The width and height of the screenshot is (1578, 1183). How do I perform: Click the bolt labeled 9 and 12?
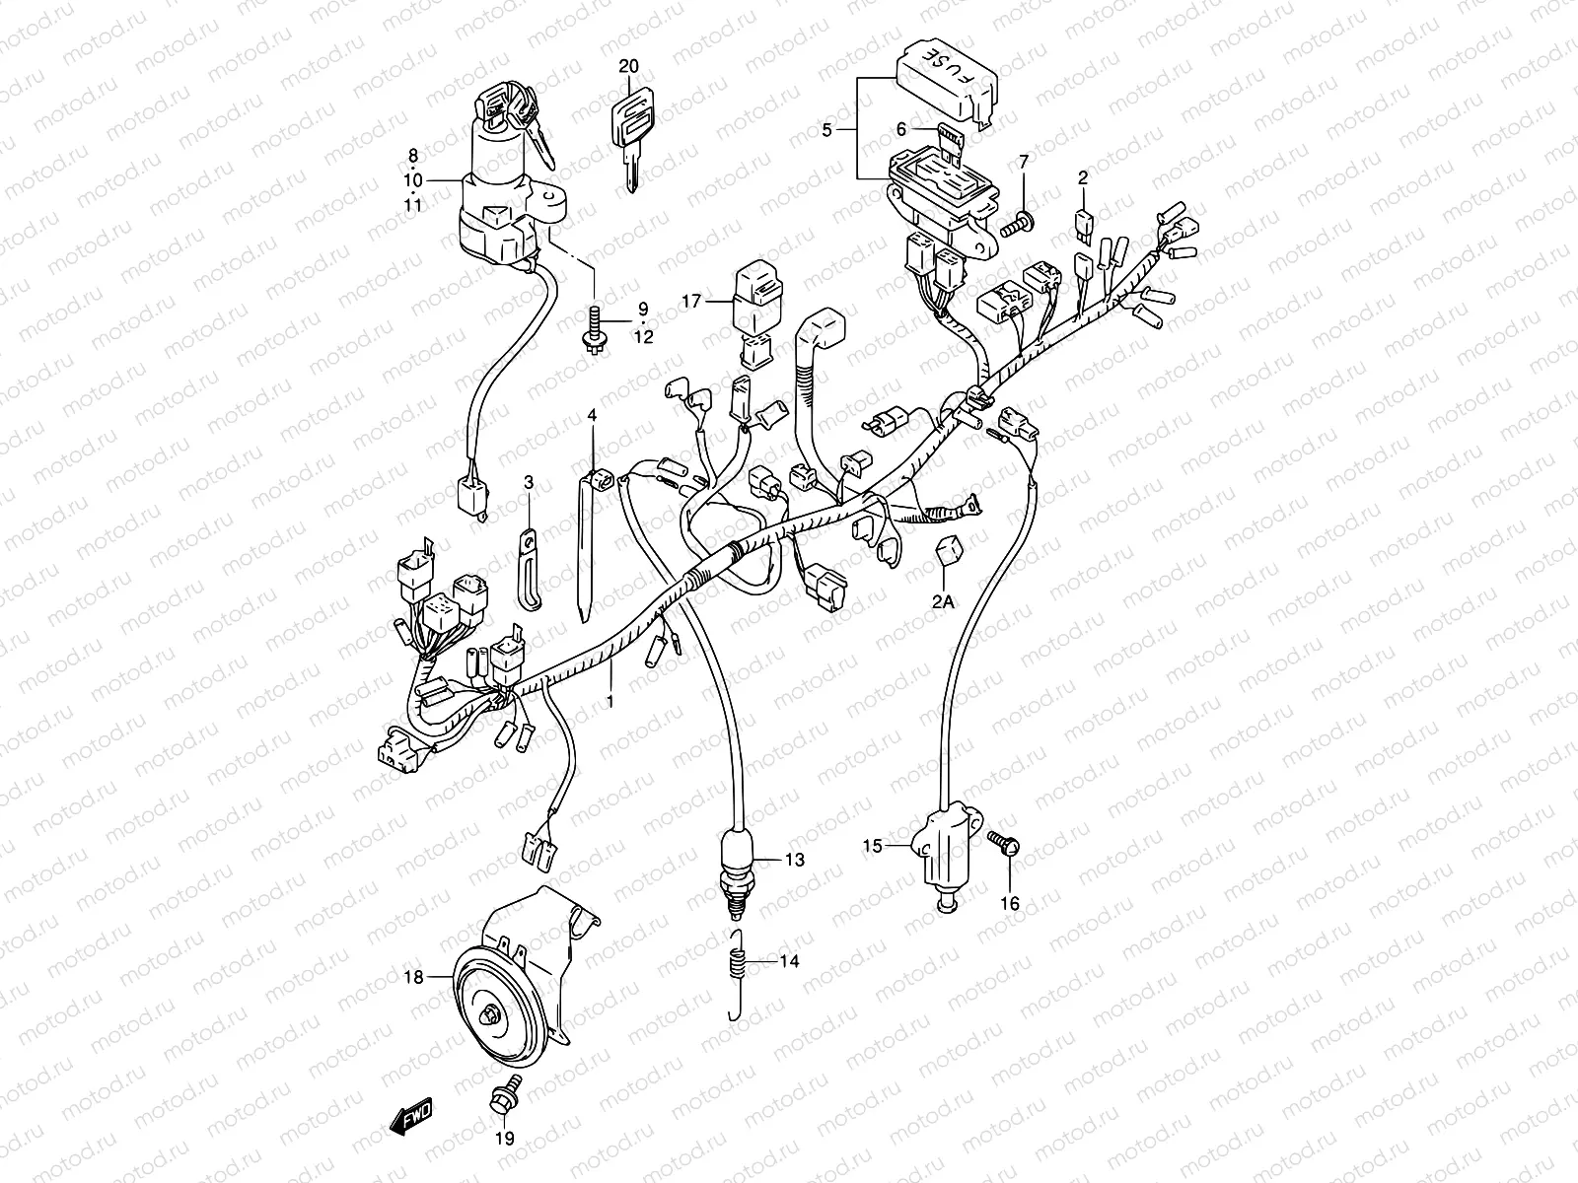point(595,329)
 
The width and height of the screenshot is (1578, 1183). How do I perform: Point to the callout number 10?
point(412,180)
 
